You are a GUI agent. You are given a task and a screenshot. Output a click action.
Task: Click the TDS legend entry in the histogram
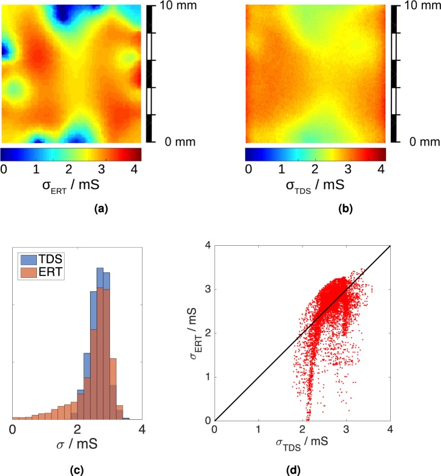click(48, 260)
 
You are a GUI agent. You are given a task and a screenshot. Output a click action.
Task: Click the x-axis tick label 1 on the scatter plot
click(259, 429)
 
